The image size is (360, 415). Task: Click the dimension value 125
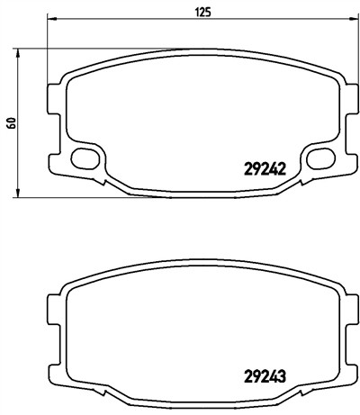coord(203,12)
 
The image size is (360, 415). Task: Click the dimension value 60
coord(12,123)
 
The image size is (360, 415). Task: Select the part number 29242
coord(265,170)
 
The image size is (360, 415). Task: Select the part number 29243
coord(265,375)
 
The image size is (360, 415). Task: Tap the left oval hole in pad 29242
coord(85,158)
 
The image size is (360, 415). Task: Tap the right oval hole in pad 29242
coord(320,158)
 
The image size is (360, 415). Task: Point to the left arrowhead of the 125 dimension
coord(52,19)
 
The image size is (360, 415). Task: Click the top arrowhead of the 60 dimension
coord(18,53)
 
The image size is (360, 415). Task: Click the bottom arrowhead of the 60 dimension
coord(18,193)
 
